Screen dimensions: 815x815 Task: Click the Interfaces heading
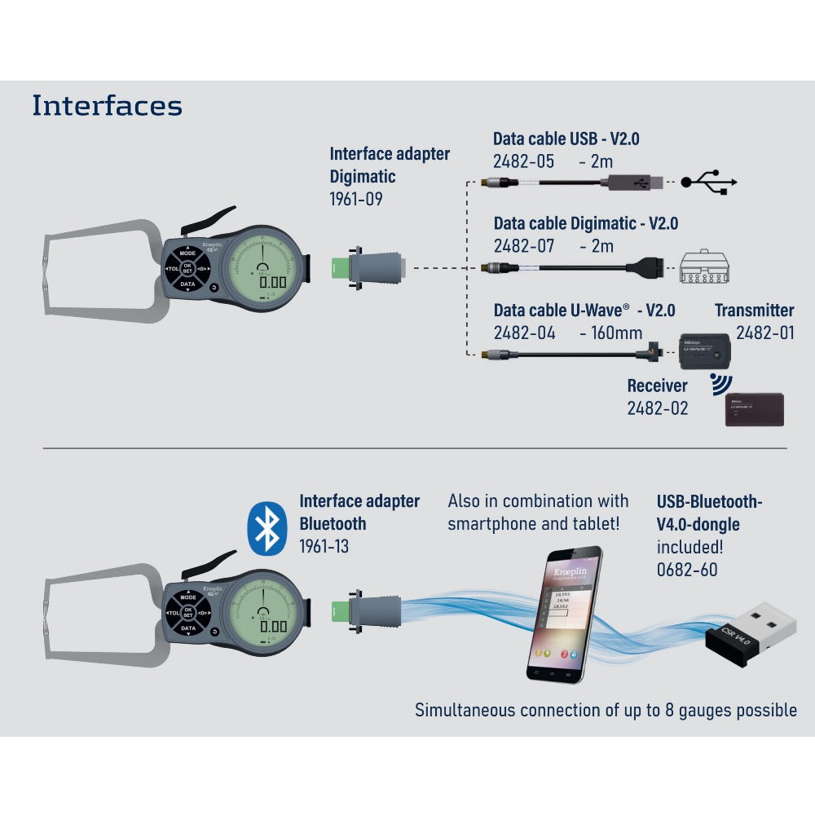[x=107, y=106]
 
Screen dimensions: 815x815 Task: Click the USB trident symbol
[x=710, y=181]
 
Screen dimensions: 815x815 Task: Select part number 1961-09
[x=356, y=199]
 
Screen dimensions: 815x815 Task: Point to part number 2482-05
[x=524, y=161]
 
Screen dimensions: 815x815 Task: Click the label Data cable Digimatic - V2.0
[x=586, y=223]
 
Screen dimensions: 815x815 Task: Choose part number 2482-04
[x=524, y=333]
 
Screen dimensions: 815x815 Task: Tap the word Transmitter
[x=754, y=311]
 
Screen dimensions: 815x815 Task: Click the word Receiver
[x=657, y=385]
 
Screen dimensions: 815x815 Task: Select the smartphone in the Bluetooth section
[x=564, y=613]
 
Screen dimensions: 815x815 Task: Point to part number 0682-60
[x=687, y=570]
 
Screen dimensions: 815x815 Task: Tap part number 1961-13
[x=324, y=546]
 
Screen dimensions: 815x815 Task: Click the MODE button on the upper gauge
[x=188, y=254]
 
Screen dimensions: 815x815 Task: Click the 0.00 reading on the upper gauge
[x=271, y=283]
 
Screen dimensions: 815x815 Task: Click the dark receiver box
[x=755, y=409]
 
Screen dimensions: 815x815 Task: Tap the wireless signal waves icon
[x=720, y=384]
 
